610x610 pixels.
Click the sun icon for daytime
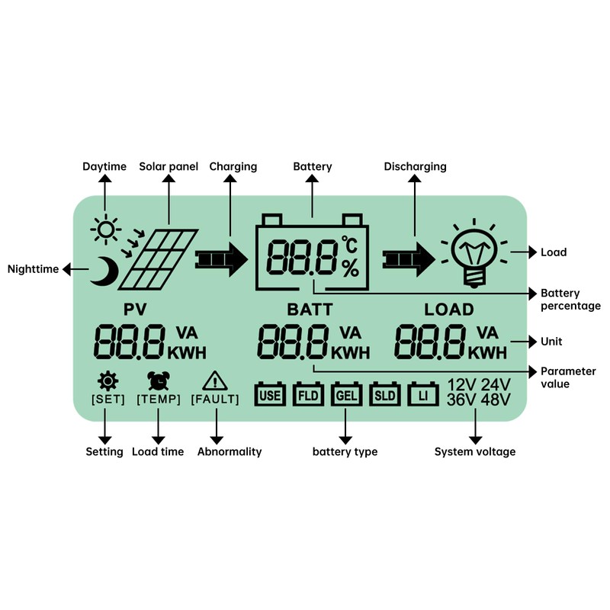(106, 229)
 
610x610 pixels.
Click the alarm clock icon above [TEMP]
(159, 380)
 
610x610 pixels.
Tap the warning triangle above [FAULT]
(216, 380)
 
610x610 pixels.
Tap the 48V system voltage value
(496, 400)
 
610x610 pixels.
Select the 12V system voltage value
(461, 385)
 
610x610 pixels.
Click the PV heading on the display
(134, 309)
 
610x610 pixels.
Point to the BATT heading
(310, 310)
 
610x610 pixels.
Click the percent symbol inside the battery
(350, 268)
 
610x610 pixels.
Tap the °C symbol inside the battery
(349, 246)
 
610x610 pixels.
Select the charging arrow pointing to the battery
(222, 259)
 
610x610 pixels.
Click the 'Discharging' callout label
(415, 166)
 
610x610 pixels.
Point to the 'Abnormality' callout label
(230, 451)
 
